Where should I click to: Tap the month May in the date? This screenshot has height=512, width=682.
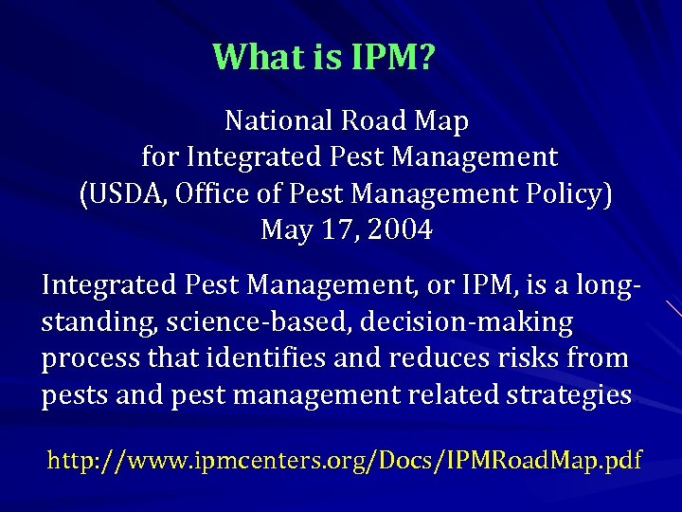[284, 230]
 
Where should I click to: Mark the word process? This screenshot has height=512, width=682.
[83, 358]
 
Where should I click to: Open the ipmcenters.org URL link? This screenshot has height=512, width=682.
[345, 462]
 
